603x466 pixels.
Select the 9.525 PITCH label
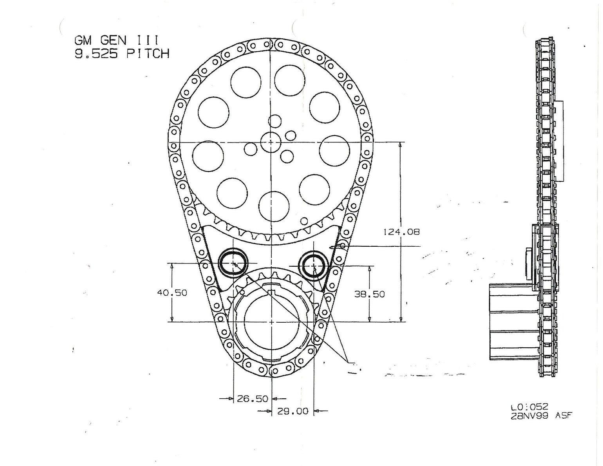point(122,54)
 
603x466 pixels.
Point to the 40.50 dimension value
point(172,293)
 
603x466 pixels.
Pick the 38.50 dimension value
point(370,294)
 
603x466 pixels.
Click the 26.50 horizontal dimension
point(253,399)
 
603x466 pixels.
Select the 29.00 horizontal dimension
point(293,411)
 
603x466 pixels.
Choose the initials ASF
point(564,416)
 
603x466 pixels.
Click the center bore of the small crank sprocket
point(271,322)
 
